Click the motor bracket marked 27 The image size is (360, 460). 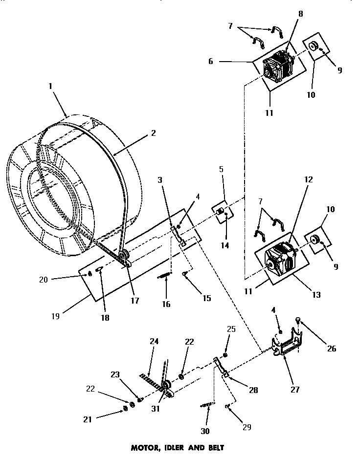pyautogui.click(x=288, y=344)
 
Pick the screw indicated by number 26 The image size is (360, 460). pyautogui.click(x=298, y=321)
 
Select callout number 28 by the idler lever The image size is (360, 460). pyautogui.click(x=253, y=390)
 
